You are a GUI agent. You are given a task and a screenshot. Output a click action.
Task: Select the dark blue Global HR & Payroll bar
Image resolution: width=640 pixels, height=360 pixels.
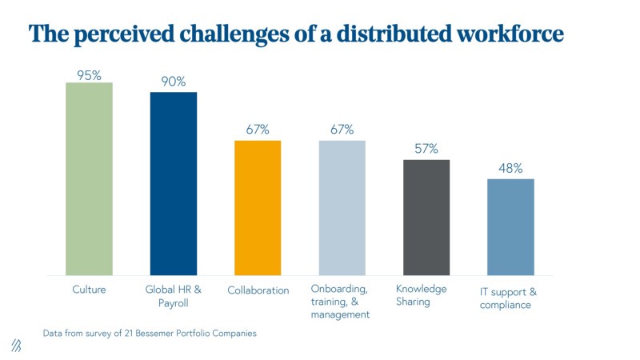point(173,183)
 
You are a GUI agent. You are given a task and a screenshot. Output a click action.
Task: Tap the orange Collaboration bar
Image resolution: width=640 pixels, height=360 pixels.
point(258,208)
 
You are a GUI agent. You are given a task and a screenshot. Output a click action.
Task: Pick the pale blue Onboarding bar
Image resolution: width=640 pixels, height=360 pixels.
point(342,208)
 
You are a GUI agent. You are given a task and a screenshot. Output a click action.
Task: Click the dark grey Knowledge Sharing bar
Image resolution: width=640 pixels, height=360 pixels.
point(426,218)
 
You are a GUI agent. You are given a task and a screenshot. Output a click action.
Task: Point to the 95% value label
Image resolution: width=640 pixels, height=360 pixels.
point(89,75)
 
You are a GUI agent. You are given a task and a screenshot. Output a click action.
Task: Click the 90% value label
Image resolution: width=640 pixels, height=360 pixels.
point(173,82)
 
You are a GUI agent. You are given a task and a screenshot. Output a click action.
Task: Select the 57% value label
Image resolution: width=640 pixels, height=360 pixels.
point(426,149)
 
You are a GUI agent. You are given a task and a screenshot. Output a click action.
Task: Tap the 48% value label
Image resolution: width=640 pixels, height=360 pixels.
point(510,168)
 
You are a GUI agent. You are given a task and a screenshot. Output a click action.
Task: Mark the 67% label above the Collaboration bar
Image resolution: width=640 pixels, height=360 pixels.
point(258,130)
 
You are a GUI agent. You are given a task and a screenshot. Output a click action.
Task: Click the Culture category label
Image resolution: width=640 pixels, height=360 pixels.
point(89,290)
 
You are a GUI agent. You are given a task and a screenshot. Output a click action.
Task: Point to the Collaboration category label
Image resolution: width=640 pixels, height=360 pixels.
point(258,290)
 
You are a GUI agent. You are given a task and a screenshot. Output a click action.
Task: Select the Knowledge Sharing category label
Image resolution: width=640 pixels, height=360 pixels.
point(422,295)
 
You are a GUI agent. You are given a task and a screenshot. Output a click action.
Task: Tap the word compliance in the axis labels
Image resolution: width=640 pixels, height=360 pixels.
point(505,305)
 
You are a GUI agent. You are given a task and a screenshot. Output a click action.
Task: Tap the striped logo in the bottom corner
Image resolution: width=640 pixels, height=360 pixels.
point(16,345)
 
